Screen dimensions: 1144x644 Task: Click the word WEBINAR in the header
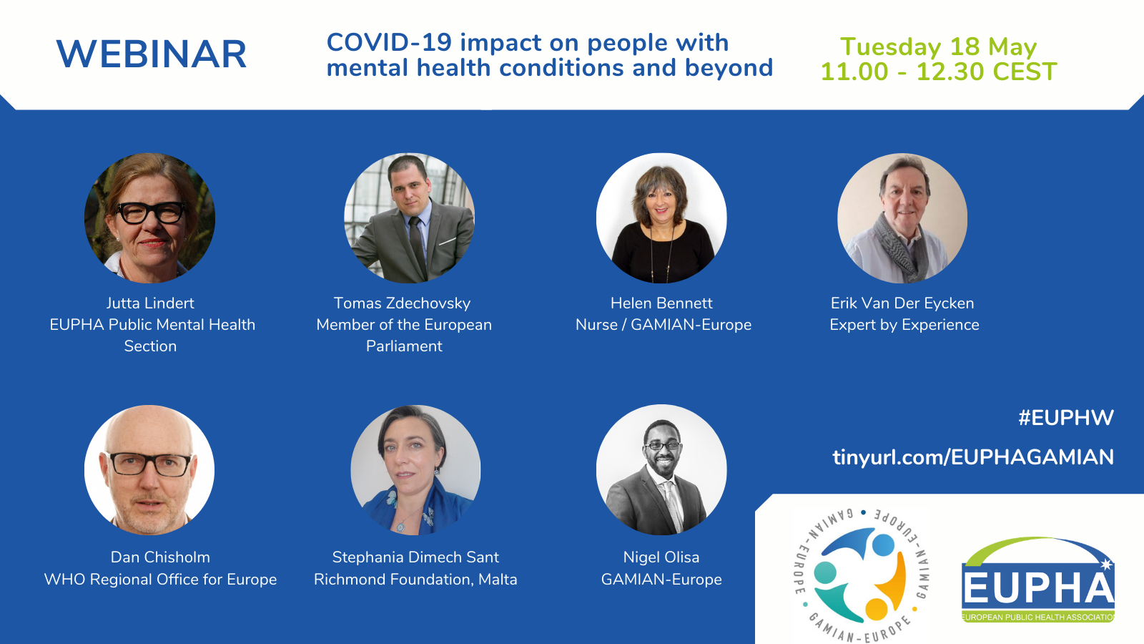(x=152, y=54)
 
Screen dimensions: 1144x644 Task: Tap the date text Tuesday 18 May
(x=939, y=47)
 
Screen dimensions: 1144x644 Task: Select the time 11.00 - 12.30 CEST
(x=939, y=72)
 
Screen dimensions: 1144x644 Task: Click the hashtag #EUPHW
(x=1066, y=418)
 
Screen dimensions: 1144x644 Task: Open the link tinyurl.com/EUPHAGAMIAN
(x=973, y=457)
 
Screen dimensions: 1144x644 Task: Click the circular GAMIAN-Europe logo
(x=862, y=575)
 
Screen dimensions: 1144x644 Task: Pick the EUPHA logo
(x=1037, y=580)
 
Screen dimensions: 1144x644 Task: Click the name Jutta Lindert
(x=150, y=303)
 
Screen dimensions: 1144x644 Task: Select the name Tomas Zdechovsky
(x=402, y=303)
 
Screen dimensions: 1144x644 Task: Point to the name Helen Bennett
(x=661, y=303)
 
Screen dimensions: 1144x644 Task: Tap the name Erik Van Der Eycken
(x=902, y=303)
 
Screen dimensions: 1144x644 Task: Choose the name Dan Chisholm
(x=160, y=557)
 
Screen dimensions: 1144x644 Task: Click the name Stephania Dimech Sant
(x=415, y=557)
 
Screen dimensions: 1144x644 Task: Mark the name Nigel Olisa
(x=661, y=557)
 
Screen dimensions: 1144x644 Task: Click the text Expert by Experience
(x=904, y=325)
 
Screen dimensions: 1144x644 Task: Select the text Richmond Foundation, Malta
(x=415, y=580)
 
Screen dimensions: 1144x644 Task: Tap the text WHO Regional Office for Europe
(x=160, y=580)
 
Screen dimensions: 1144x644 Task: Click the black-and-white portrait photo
(x=661, y=469)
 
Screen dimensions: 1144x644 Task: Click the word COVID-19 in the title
(x=389, y=42)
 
